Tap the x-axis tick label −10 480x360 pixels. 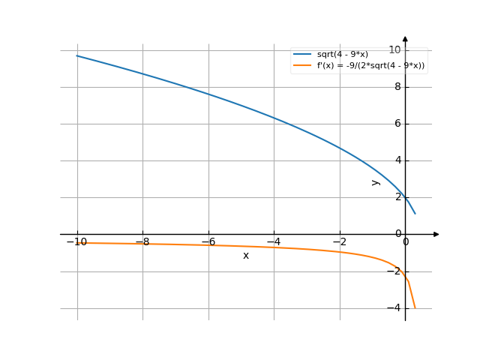[76, 242]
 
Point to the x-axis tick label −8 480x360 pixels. [142, 242]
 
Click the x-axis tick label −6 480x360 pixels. [208, 242]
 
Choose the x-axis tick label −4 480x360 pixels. [274, 242]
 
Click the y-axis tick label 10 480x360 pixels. [394, 49]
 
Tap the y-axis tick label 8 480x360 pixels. [397, 86]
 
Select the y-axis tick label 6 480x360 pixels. [397, 123]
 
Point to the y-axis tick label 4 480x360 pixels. [397, 160]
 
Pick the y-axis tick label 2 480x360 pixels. [397, 196]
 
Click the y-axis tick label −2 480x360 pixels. [394, 271]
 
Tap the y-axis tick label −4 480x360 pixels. [394, 307]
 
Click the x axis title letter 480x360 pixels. [245, 256]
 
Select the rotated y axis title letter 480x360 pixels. [376, 182]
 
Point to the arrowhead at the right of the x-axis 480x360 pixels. [436, 234]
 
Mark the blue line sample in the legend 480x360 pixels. [302, 54]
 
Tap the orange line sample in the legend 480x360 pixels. [302, 65]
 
